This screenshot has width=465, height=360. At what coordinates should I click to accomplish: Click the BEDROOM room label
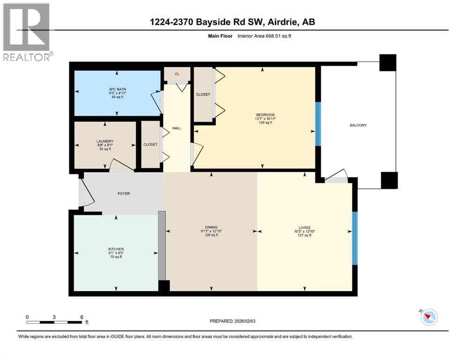tap(265, 115)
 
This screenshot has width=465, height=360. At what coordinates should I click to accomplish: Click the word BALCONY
tap(358, 125)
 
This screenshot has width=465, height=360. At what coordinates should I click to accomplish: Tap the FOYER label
tap(124, 193)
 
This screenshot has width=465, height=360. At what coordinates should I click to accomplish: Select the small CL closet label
tap(177, 74)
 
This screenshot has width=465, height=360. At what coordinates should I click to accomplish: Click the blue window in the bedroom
tap(317, 124)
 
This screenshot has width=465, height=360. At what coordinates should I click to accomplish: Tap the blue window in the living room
tap(354, 231)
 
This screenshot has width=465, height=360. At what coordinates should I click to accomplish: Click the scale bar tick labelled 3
tap(54, 317)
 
